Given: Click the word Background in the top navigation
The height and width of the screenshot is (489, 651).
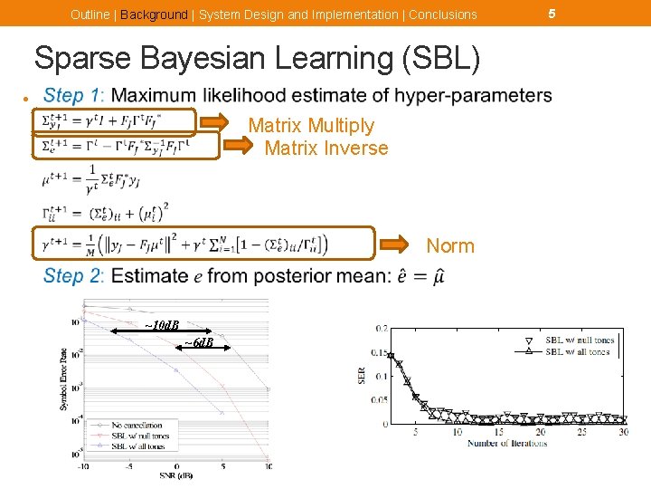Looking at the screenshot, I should [154, 14].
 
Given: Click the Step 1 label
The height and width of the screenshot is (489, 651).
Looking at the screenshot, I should [74, 95].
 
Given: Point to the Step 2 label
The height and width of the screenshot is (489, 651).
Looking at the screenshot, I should [74, 276].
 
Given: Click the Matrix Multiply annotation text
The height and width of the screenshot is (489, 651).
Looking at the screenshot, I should [310, 126].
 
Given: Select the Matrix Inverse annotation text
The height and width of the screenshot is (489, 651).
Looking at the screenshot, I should [326, 148].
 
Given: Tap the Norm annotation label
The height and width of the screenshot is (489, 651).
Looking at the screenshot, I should [450, 246].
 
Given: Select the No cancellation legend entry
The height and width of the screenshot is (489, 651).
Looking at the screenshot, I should [137, 425].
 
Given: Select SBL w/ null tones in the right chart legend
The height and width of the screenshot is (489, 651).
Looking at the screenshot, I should [579, 341].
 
